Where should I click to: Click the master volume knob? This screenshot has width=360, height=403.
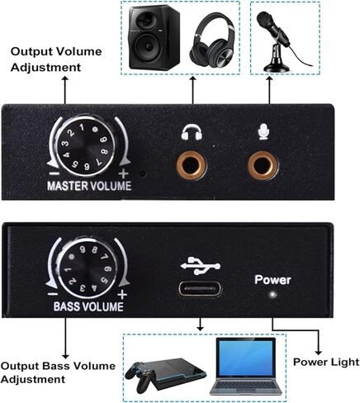(84, 146)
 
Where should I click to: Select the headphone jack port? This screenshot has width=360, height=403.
(191, 165)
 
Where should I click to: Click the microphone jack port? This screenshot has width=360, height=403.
(263, 165)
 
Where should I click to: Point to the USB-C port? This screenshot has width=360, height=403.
(200, 288)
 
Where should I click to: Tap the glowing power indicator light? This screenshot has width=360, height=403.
(272, 295)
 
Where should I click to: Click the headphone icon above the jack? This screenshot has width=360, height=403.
(192, 132)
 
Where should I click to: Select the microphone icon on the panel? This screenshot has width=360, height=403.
(263, 131)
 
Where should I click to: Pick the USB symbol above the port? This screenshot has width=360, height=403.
(201, 266)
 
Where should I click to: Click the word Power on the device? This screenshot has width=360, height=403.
(272, 280)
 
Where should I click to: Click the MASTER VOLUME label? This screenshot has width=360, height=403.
(89, 186)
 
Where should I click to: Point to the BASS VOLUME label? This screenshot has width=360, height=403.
(88, 307)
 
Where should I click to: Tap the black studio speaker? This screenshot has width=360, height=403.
(154, 37)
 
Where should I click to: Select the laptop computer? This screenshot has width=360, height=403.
(246, 366)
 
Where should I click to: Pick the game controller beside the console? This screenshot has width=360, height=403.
(139, 376)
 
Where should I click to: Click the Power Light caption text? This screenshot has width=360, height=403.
(326, 362)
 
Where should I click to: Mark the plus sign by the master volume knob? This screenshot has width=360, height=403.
(123, 173)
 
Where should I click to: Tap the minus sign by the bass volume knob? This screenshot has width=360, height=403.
(53, 294)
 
